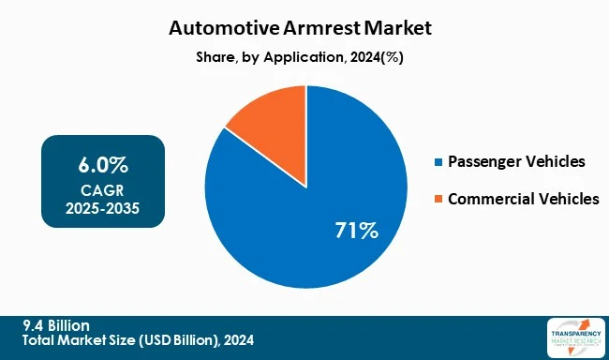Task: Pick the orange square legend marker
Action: (x=439, y=199)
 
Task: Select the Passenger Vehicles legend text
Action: (x=516, y=163)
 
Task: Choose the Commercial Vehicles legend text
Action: (x=523, y=199)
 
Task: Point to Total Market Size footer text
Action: (x=139, y=340)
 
